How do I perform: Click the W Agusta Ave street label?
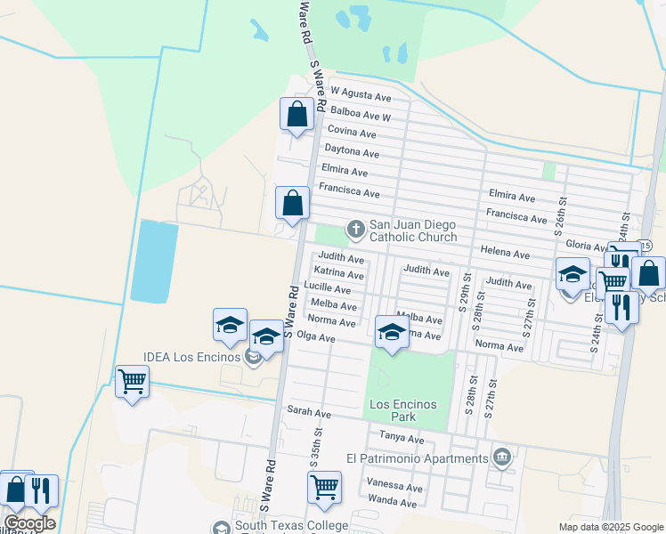[x=361, y=93]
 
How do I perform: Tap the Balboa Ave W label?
[x=360, y=115]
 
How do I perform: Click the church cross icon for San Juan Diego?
[x=356, y=230]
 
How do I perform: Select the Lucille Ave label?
[x=327, y=289]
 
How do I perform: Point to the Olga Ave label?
[x=315, y=338]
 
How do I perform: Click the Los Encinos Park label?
[x=404, y=410]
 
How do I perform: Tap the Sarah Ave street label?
[x=308, y=414]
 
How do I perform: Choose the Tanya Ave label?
[x=402, y=439]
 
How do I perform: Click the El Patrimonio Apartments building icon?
[x=502, y=457]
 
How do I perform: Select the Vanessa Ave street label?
[x=394, y=488]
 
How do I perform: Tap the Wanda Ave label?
[x=391, y=504]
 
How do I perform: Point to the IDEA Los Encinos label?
[x=192, y=358]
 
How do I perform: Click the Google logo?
[x=29, y=523]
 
